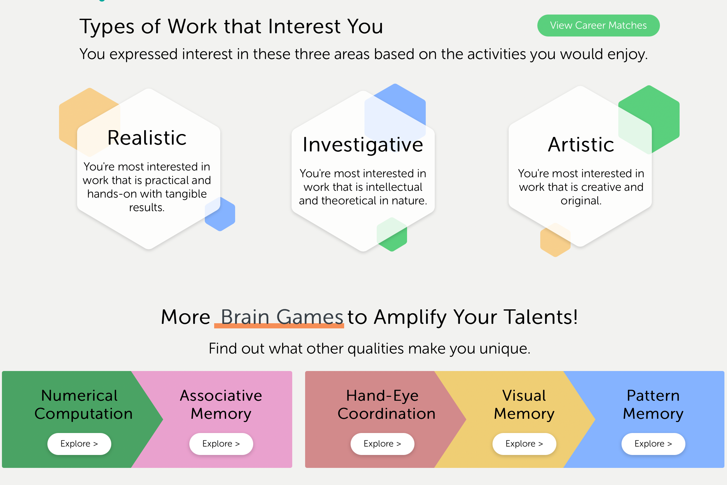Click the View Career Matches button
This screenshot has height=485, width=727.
(x=598, y=26)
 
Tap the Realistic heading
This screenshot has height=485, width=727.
(x=147, y=138)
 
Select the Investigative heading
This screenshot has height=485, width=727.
(x=363, y=145)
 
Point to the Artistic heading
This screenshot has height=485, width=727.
(x=581, y=144)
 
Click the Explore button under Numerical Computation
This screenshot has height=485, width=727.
(x=79, y=444)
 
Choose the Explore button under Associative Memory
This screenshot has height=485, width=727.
(x=221, y=444)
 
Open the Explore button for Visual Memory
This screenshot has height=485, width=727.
(x=524, y=444)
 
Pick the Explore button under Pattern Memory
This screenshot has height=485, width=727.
(x=653, y=444)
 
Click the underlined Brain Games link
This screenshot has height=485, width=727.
(x=282, y=317)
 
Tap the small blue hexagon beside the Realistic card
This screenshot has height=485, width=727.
(x=220, y=214)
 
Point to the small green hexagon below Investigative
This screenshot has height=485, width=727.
(x=392, y=234)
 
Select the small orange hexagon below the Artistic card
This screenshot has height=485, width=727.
(x=555, y=240)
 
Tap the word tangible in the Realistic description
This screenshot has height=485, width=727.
(x=186, y=194)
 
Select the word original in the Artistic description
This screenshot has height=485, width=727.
(x=581, y=201)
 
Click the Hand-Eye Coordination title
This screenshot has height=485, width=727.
(x=386, y=405)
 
